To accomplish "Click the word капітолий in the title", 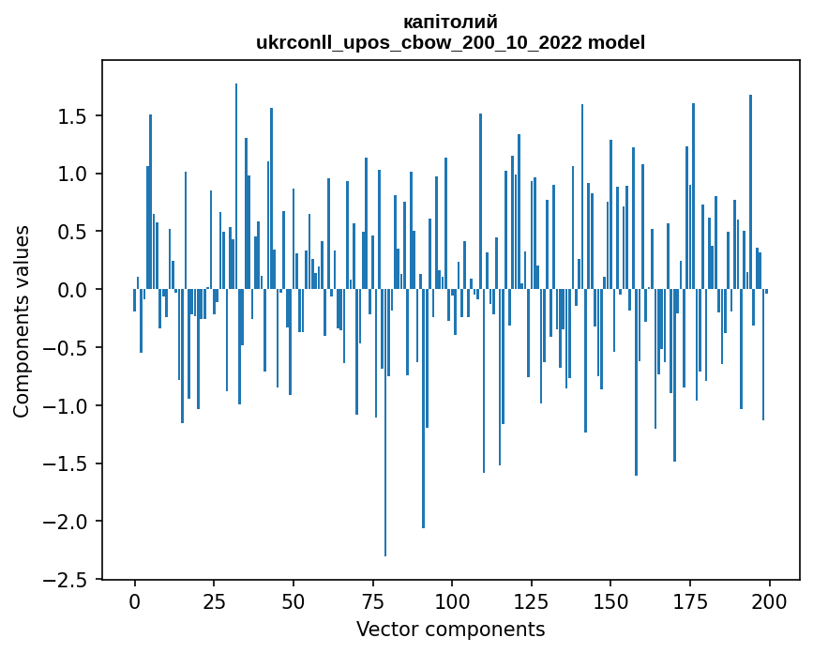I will point(450,22).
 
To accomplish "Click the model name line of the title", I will point(450,42).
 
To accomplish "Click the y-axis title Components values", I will point(22,321).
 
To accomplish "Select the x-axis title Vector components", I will point(450,629).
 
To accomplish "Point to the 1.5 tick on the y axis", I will point(75,116).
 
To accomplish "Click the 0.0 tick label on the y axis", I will point(75,290).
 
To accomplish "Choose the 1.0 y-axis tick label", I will point(75,175).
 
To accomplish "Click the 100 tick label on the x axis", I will point(452,601).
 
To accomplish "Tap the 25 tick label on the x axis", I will point(214,601).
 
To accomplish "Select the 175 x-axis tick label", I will point(690,601).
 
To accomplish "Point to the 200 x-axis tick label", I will point(769,601).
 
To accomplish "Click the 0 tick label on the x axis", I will point(134,601).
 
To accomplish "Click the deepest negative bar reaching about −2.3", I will point(385,422).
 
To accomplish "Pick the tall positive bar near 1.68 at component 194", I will point(750,192).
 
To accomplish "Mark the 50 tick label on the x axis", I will point(294,601).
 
